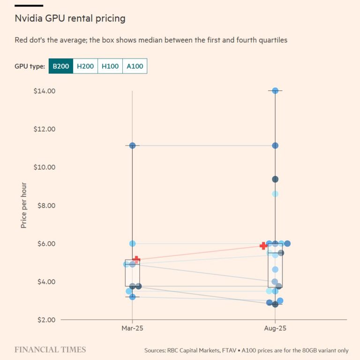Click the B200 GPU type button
pos(60,66)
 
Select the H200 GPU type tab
pos(85,66)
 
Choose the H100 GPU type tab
pos(110,66)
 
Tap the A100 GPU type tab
pos(135,66)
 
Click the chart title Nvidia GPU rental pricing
pos(70,19)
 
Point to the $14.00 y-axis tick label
pos(45,91)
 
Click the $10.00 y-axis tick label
pos(45,167)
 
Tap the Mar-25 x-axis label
pos(132,329)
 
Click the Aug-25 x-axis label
pos(275,329)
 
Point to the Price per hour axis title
pos(24,205)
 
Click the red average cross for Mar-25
pos(136,259)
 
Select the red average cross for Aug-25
pos(263,246)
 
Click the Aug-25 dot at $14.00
pos(275,91)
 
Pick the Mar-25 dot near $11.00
pos(132,146)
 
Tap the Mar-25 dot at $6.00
pos(132,243)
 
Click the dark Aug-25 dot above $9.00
pos(275,179)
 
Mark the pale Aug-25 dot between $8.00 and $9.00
pos(275,194)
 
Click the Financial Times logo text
pos(50,350)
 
